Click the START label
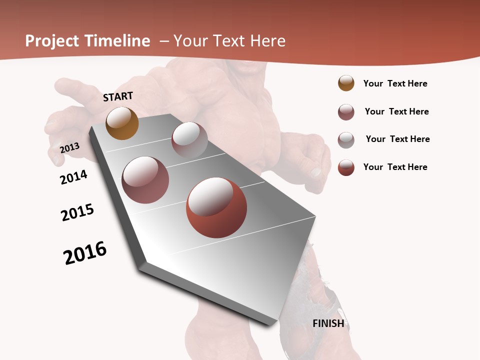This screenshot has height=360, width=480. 118,96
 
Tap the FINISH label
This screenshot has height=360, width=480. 328,323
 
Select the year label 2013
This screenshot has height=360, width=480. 69,148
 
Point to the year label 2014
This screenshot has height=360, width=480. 73,177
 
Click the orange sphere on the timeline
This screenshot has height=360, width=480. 122,123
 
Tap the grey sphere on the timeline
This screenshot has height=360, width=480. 189,139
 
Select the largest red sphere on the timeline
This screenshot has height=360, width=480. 216,208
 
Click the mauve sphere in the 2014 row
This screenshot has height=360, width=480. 145,180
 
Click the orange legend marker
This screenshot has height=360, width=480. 346,83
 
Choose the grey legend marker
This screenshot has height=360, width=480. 346,139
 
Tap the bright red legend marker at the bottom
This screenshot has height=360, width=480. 346,167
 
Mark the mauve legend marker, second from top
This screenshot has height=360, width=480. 346,112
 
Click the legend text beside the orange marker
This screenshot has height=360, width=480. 395,83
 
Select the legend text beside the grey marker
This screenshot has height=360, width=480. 397,139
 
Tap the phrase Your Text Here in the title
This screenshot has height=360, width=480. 229,41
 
